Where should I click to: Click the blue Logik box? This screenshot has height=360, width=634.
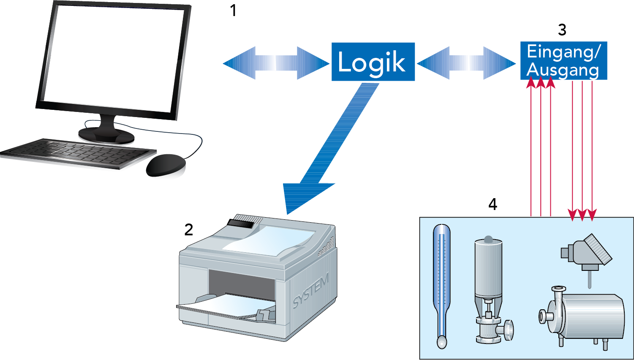tap(373, 62)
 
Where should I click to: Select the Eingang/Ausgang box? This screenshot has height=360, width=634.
tap(563, 60)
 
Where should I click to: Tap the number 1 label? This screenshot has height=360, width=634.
tap(233, 11)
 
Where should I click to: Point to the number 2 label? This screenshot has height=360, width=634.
tap(188, 230)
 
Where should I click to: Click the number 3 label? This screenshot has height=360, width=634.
tap(562, 30)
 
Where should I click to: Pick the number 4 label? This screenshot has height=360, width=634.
tap(493, 205)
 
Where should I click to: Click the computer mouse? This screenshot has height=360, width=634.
tap(166, 164)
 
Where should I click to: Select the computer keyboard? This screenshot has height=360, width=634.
tap(76, 153)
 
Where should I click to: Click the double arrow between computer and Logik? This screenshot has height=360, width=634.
tap(276, 63)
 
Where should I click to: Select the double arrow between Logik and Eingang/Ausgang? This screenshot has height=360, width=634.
tap(466, 63)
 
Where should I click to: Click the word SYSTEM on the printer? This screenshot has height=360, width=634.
tap(311, 292)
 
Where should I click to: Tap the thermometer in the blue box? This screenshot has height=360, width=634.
tap(442, 283)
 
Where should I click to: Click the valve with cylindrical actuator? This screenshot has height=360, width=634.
tap(489, 292)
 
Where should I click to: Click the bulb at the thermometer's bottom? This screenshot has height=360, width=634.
tap(441, 341)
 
